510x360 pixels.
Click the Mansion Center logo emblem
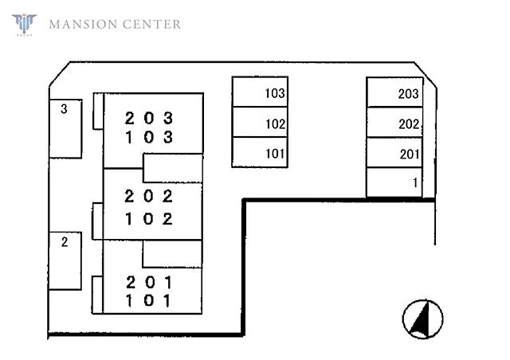pos(24,24)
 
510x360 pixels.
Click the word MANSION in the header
pos(83,25)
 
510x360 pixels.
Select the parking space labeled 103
pos(260,92)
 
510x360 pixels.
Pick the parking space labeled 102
pos(260,122)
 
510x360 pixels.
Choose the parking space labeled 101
pos(260,152)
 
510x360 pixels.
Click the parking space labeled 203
pos(394,92)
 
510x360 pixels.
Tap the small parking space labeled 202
pos(394,123)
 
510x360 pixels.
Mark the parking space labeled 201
pos(394,152)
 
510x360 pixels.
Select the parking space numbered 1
pos(394,182)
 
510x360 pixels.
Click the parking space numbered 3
pos(65,129)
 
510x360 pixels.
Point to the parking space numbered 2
pos(65,260)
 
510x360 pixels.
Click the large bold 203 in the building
pos(149,119)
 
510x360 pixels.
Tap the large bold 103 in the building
pos(149,137)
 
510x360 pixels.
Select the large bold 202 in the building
pos(149,197)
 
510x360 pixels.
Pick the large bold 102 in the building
pos(149,219)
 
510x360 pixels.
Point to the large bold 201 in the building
pos(148,282)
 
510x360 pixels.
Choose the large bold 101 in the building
pos(148,300)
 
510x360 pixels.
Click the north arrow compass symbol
pos(422,319)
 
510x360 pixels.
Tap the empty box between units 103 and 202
pos(173,168)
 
